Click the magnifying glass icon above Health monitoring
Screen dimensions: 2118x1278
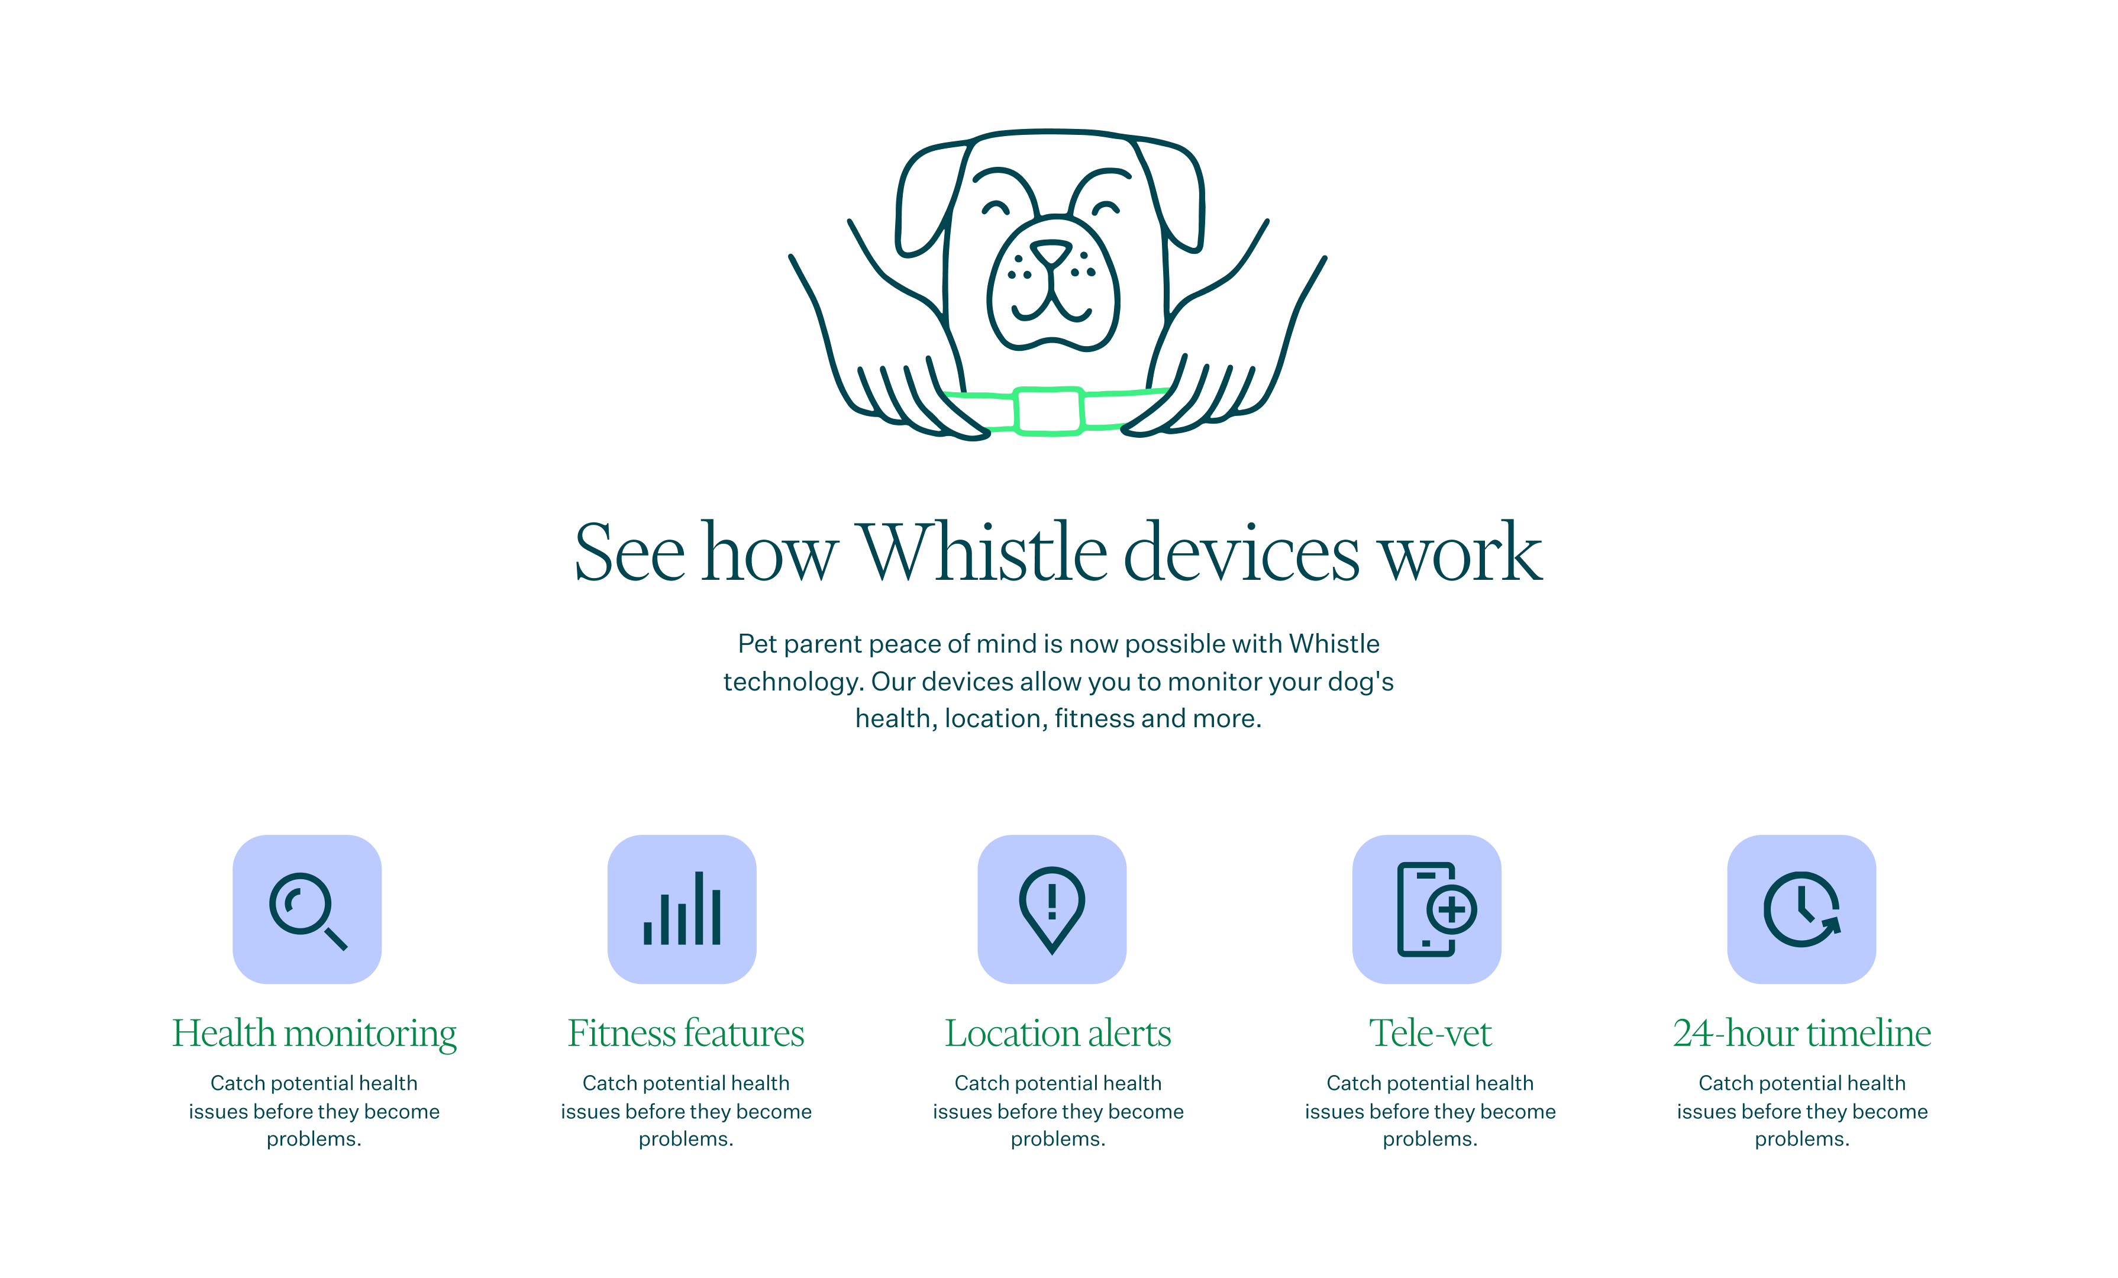(307, 909)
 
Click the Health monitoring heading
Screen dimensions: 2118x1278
(315, 1034)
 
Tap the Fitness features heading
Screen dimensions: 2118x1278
(686, 1032)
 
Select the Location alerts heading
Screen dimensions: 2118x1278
(1058, 1032)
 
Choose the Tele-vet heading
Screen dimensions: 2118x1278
(1431, 1032)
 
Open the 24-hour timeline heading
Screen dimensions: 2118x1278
(1803, 1032)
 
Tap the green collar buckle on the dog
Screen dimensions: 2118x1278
(1049, 411)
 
